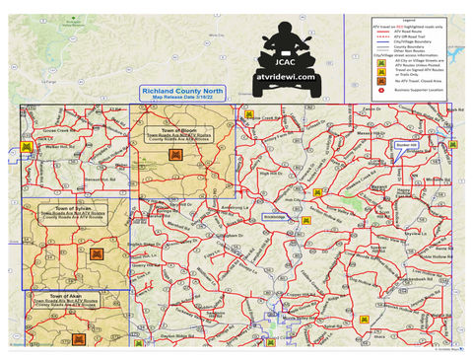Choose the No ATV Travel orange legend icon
(x=368, y=84)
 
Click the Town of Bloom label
(x=182, y=128)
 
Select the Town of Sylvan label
(x=72, y=208)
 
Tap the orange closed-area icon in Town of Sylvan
(x=96, y=253)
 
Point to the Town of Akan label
(x=72, y=295)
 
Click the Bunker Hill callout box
(x=405, y=144)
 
